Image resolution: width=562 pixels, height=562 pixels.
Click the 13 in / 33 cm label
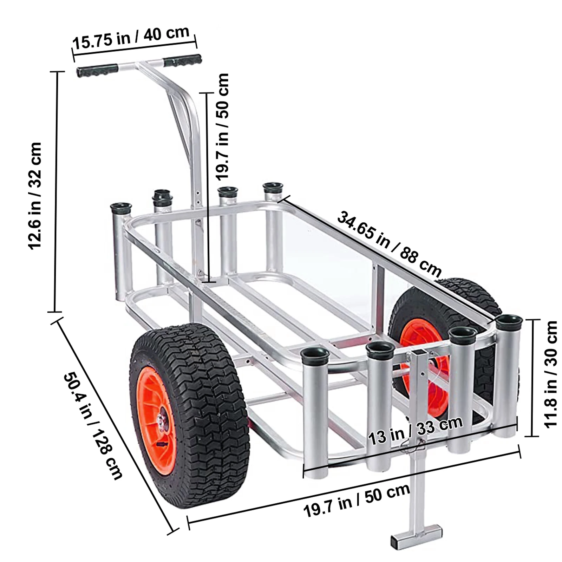[415, 431]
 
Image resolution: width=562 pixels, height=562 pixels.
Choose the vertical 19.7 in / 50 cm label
[222, 126]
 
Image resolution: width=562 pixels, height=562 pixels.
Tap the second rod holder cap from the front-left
[380, 348]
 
